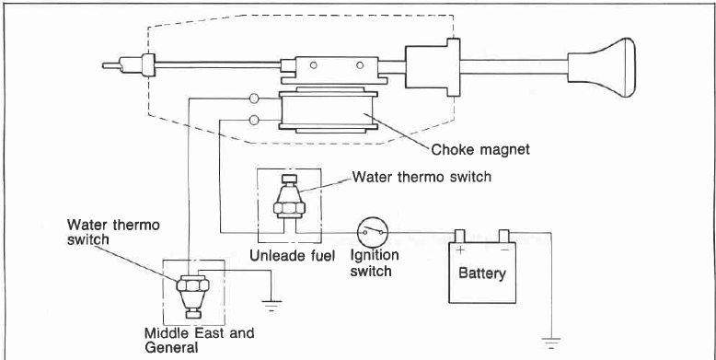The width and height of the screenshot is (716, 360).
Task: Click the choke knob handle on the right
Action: (602, 67)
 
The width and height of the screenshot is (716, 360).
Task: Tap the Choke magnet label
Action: (480, 149)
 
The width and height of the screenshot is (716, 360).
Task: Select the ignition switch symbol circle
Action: (373, 233)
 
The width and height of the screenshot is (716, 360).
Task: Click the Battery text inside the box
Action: (482, 273)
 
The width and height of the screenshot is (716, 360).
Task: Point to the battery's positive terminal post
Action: (459, 236)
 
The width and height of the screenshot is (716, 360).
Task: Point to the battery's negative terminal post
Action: (503, 236)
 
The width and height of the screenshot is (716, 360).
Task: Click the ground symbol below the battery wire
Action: (551, 343)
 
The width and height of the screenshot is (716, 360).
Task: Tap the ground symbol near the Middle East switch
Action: (271, 305)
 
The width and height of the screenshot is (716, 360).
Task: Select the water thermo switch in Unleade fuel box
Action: (289, 197)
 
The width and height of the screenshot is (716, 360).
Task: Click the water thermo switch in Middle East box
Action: (192, 295)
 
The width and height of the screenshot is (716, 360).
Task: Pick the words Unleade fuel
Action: (293, 255)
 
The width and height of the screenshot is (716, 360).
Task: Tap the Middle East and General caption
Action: (199, 340)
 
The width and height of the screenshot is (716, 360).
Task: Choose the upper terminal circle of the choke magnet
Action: (254, 99)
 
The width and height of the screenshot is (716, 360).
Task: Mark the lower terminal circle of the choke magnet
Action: (254, 121)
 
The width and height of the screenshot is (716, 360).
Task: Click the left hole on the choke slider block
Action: (313, 65)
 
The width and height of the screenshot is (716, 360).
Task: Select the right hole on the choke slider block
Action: (360, 65)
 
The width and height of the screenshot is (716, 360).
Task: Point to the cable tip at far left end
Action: (104, 65)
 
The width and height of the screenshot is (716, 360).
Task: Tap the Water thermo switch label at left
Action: (113, 232)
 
